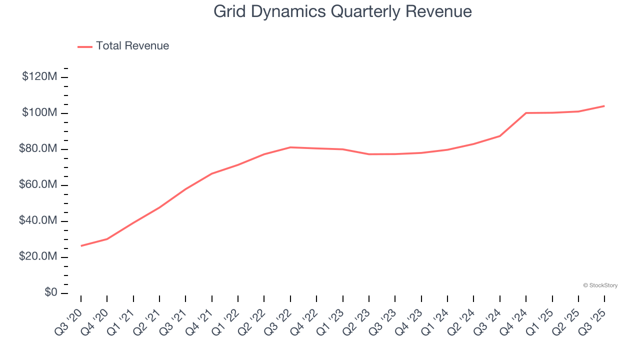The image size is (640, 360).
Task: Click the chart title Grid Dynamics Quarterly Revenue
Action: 342,11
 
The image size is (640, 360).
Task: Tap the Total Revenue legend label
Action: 132,46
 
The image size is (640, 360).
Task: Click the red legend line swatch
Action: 85,46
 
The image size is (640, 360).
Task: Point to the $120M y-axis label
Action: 39,77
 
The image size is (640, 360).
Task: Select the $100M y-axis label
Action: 39,113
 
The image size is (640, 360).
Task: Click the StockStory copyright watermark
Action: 600,285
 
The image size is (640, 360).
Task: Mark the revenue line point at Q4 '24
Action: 526,113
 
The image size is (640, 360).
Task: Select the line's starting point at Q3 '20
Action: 81,245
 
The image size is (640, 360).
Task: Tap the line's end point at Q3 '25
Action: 604,106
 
